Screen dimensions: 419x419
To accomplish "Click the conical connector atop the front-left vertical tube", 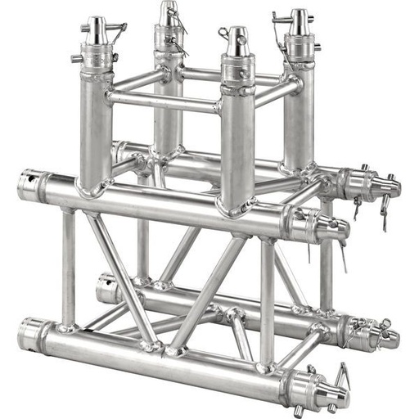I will coord(97,32).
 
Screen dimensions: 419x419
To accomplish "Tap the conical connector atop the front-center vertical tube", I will coord(237,41).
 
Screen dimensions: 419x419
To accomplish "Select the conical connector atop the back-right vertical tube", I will coord(300,22).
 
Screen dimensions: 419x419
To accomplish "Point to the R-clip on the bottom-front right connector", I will coord(342,377).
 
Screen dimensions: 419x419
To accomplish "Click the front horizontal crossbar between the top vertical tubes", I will coord(164,102).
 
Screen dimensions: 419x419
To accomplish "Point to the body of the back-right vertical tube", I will coord(299,115).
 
